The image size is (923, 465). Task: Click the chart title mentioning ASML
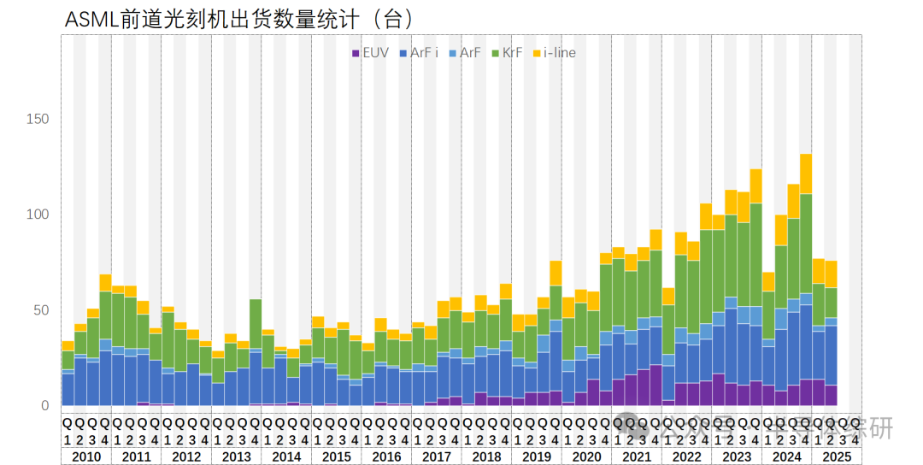pos(232,20)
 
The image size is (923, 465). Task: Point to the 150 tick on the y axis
pos(39,118)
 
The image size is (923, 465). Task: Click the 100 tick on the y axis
pos(39,214)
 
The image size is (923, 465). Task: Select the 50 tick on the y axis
pos(42,309)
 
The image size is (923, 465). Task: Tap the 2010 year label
pos(86,456)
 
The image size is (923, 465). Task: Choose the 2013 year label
pos(237,456)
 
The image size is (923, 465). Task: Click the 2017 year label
pos(437,456)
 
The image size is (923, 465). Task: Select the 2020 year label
pos(586,456)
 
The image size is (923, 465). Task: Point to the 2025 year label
pos(837,456)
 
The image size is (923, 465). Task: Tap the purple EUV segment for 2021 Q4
pos(656,386)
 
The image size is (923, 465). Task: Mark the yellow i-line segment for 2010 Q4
pos(105,283)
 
